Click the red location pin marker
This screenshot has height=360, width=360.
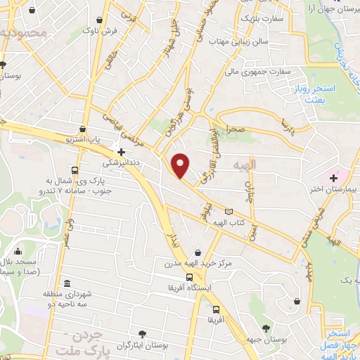pos(181,165)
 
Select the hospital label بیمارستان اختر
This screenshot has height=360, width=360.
pos(333,188)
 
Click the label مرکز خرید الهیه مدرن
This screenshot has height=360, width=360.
pos(198,264)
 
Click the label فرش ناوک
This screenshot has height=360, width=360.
pos(95,31)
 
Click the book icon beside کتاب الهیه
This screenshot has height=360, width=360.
pos(228,211)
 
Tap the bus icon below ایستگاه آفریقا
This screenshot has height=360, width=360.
pos(216,309)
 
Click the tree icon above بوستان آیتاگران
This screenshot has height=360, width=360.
pos(143,333)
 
